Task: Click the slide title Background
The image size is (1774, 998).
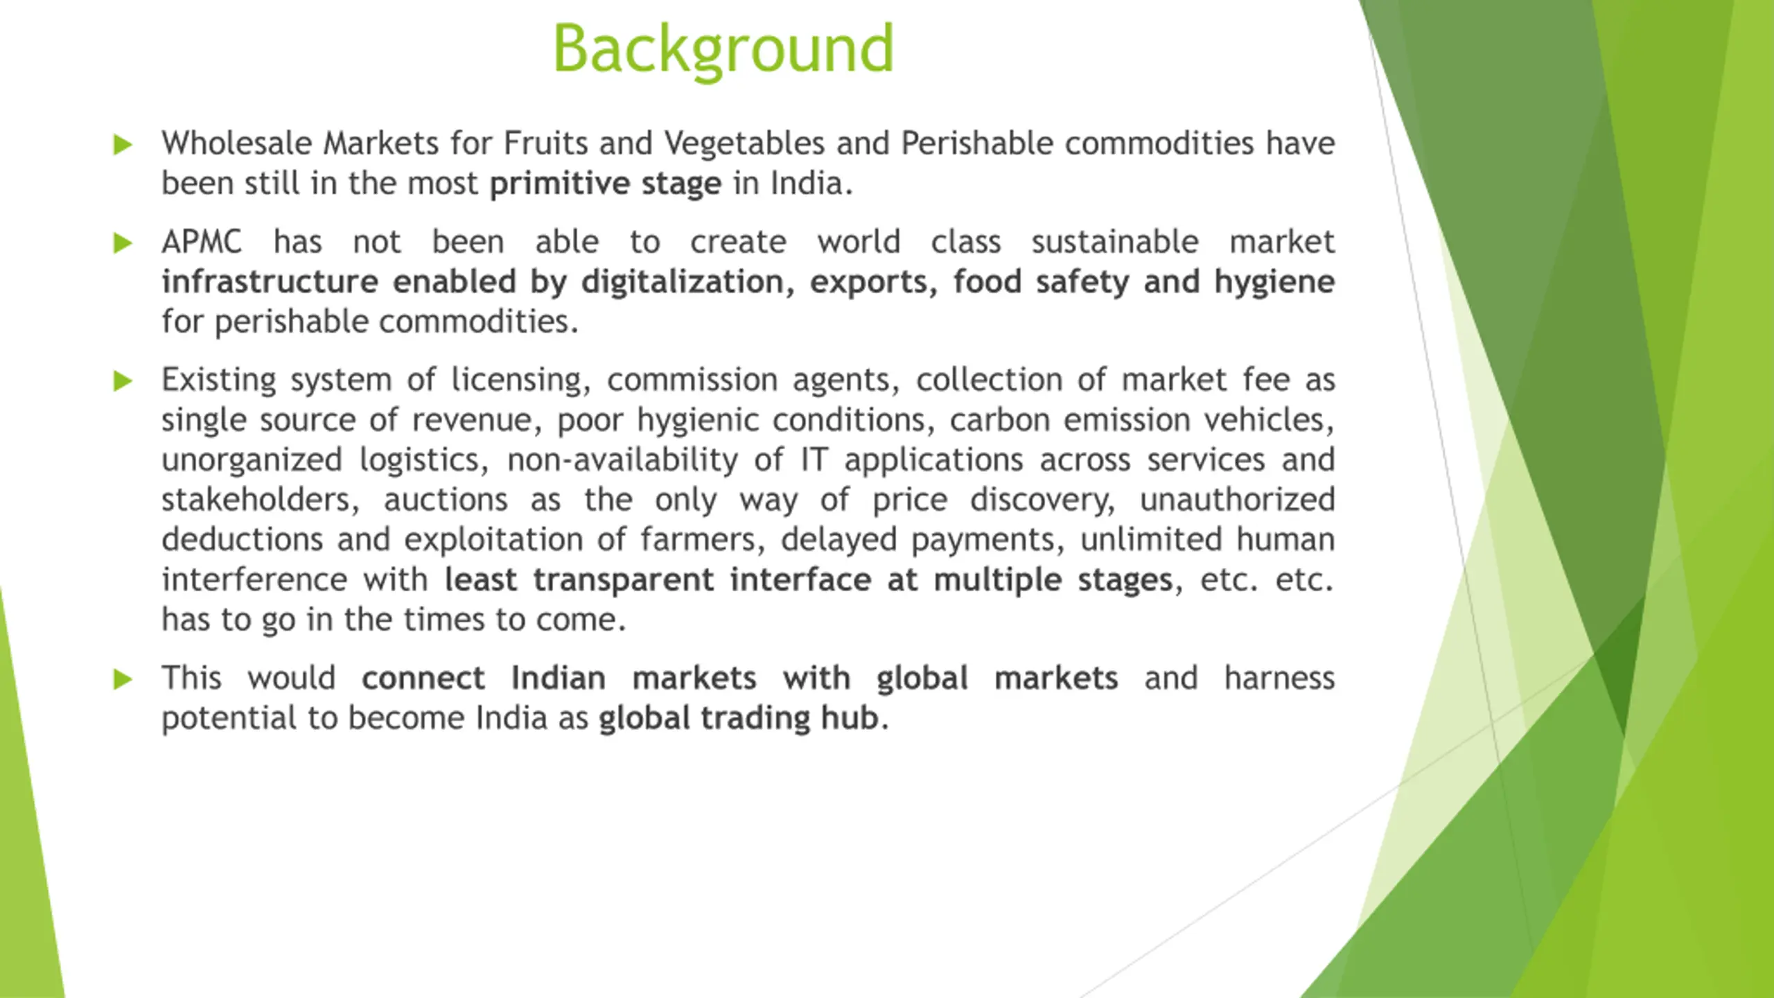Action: point(723,49)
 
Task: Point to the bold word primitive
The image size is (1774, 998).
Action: point(559,184)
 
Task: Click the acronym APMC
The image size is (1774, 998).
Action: point(202,243)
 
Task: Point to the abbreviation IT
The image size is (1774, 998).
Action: point(814,460)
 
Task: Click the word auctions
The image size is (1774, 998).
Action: point(446,500)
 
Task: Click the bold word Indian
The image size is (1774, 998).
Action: point(559,679)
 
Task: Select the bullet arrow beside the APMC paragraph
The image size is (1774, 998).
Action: point(123,243)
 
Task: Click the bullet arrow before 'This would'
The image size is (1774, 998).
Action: point(123,679)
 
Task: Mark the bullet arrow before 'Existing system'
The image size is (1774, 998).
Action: point(123,381)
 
